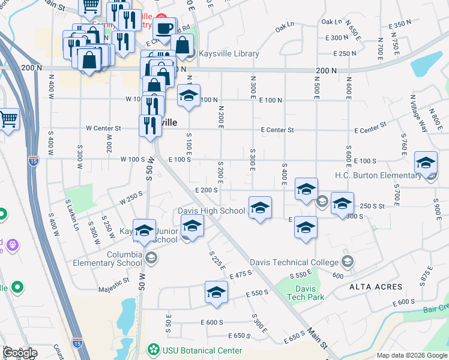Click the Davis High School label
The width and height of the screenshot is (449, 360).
[x=211, y=211]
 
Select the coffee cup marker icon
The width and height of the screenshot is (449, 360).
[x=164, y=27]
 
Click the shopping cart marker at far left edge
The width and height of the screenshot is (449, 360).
[x=8, y=119]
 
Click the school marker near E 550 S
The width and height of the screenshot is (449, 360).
[x=216, y=292]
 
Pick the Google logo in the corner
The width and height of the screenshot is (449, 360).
[x=19, y=353]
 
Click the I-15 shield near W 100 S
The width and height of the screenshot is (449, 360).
[x=34, y=160]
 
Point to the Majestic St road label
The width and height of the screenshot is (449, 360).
[x=113, y=280]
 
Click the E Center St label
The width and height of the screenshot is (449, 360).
[x=277, y=130]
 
